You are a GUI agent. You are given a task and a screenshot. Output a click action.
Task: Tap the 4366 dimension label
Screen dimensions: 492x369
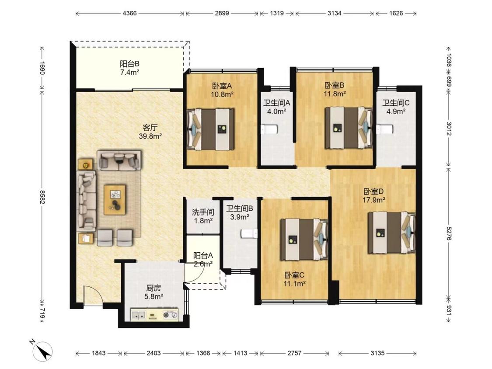pyautogui.click(x=129, y=13)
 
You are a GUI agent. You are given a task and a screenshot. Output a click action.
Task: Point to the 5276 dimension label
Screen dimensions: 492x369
pyautogui.click(x=449, y=233)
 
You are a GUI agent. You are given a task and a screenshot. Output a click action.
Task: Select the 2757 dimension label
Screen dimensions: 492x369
pyautogui.click(x=294, y=353)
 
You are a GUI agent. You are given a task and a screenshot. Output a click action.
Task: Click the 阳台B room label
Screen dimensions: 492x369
pyautogui.click(x=129, y=64)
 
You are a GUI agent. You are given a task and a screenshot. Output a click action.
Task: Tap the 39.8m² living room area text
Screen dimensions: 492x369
pyautogui.click(x=150, y=136)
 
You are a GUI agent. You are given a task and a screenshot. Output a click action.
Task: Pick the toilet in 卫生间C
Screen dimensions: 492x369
pyautogui.click(x=385, y=129)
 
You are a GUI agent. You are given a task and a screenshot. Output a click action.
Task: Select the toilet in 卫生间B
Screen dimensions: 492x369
pyautogui.click(x=249, y=234)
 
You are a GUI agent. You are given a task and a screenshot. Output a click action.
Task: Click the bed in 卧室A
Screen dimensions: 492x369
pyautogui.click(x=210, y=129)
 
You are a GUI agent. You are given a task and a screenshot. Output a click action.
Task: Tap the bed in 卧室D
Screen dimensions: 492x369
pyautogui.click(x=392, y=233)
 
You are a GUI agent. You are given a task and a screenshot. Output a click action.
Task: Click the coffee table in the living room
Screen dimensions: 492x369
pyautogui.click(x=115, y=199)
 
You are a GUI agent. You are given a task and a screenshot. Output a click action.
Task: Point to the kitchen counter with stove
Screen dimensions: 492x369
pyautogui.click(x=155, y=315)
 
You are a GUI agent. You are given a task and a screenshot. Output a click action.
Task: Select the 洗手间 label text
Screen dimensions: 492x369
pyautogui.click(x=203, y=212)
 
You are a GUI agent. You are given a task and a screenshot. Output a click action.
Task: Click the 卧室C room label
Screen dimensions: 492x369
pyautogui.click(x=294, y=275)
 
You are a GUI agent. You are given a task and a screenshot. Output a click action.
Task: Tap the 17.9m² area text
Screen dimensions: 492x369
pyautogui.click(x=374, y=200)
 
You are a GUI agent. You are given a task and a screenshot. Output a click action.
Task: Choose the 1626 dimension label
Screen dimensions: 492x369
pyautogui.click(x=396, y=13)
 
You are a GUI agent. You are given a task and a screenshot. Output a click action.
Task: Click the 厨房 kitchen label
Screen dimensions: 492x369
pyautogui.click(x=154, y=288)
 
